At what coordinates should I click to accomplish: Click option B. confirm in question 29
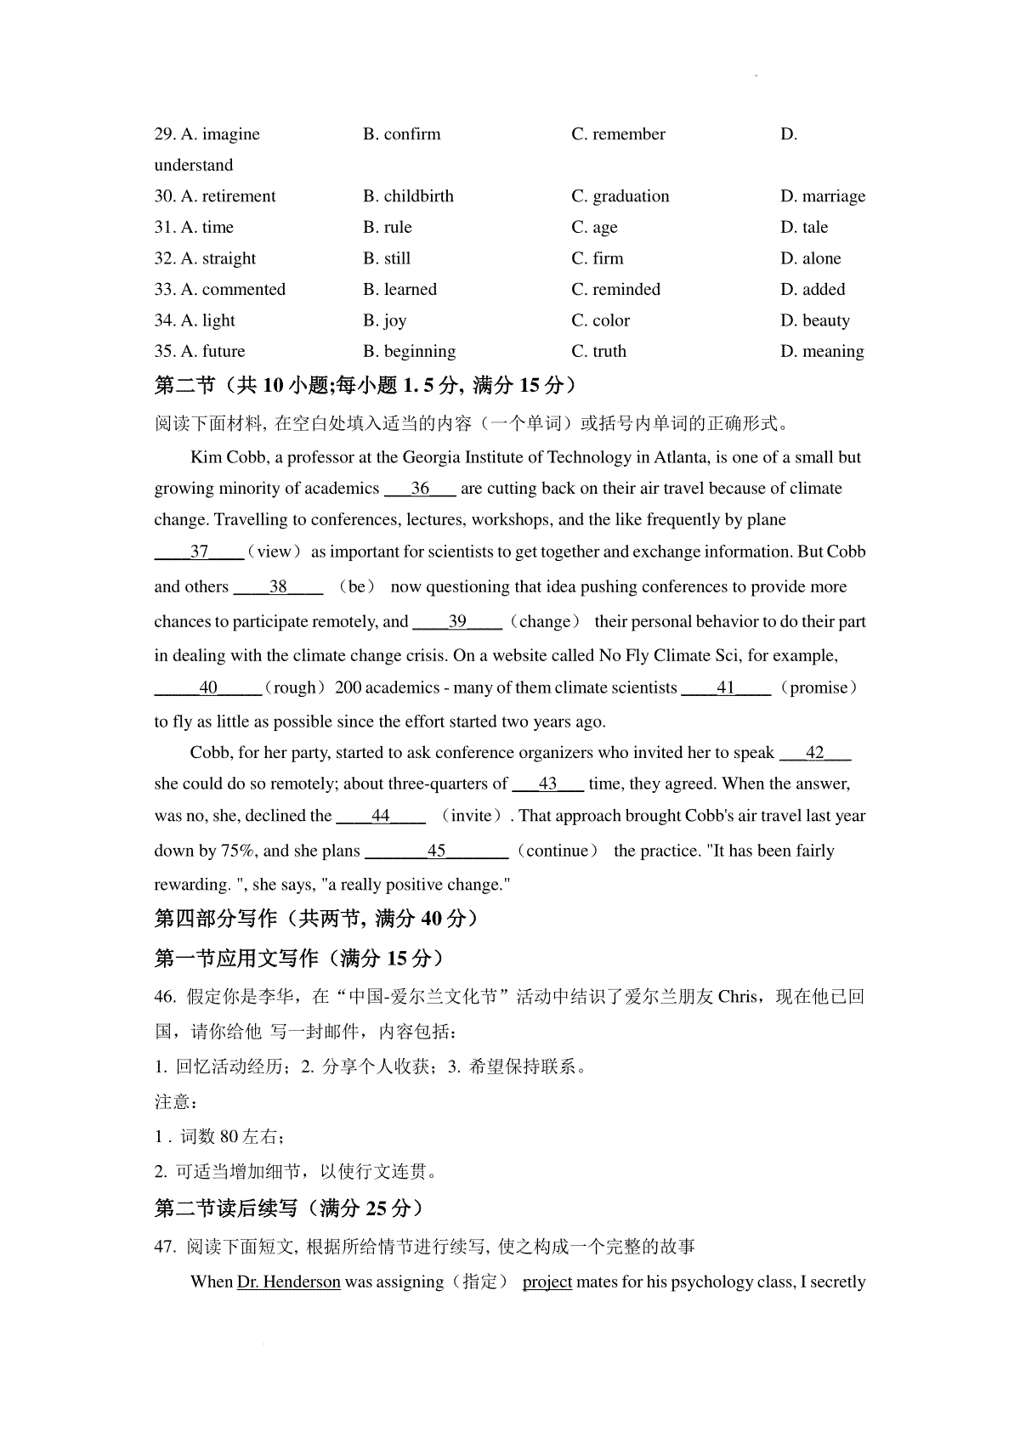401,134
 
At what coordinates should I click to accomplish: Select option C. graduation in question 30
620,196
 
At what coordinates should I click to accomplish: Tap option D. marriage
822,196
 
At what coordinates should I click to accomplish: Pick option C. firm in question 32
597,258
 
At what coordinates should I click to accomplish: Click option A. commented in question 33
219,290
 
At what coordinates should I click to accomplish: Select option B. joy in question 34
384,320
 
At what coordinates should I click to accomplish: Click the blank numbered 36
421,489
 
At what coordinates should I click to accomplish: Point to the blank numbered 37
199,552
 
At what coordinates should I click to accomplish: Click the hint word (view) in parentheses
274,552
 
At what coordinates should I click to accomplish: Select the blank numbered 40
207,688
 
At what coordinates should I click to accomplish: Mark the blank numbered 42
815,753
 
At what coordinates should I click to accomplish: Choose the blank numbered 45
436,851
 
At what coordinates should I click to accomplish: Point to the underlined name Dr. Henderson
288,1282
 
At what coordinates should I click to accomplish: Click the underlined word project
547,1282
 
